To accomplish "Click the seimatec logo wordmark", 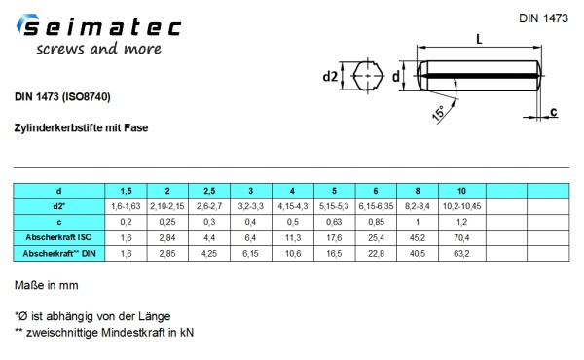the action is [99, 27].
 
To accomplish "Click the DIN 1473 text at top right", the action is [543, 18].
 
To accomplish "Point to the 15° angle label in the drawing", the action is [439, 113].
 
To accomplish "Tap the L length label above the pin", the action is [479, 39].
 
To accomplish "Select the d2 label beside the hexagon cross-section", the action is [330, 76].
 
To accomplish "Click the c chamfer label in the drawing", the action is [554, 111].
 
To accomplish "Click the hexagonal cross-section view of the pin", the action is [368, 76].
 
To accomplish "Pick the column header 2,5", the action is [209, 191].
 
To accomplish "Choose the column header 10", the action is [461, 191].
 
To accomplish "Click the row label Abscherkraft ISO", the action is [58, 237].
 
